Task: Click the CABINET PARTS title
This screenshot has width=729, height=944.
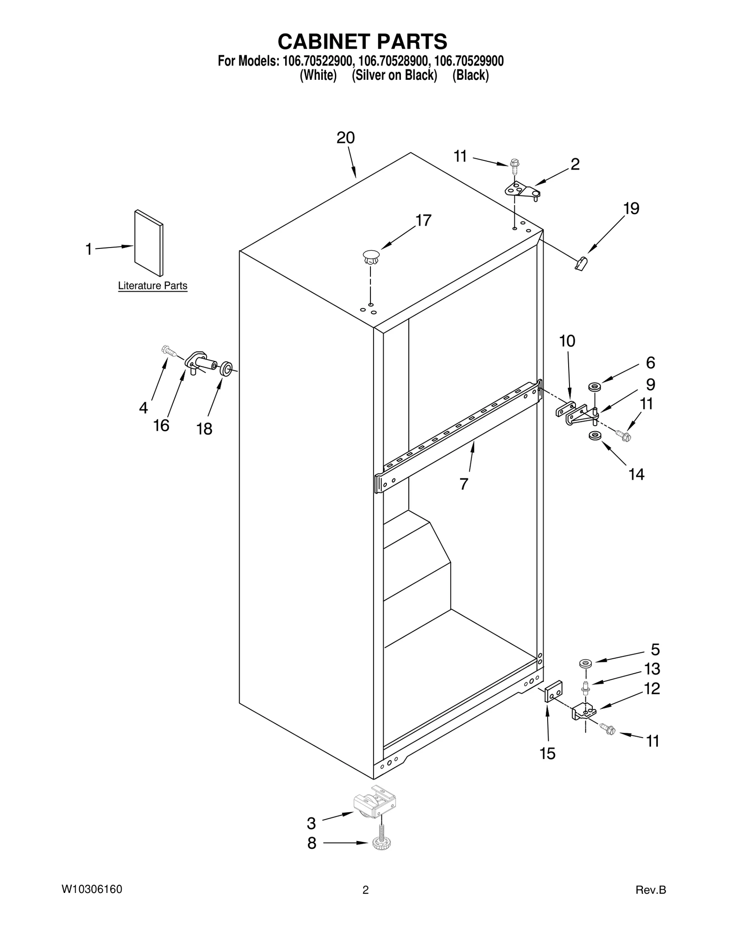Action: pos(362,41)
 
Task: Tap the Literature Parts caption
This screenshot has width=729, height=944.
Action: pos(153,286)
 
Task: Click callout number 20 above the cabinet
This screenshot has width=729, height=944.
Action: pos(345,138)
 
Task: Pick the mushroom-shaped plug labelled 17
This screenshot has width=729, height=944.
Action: pos(371,257)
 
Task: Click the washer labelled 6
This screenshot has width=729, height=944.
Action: pos(594,387)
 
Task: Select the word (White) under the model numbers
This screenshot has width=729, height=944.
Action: pos(318,75)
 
